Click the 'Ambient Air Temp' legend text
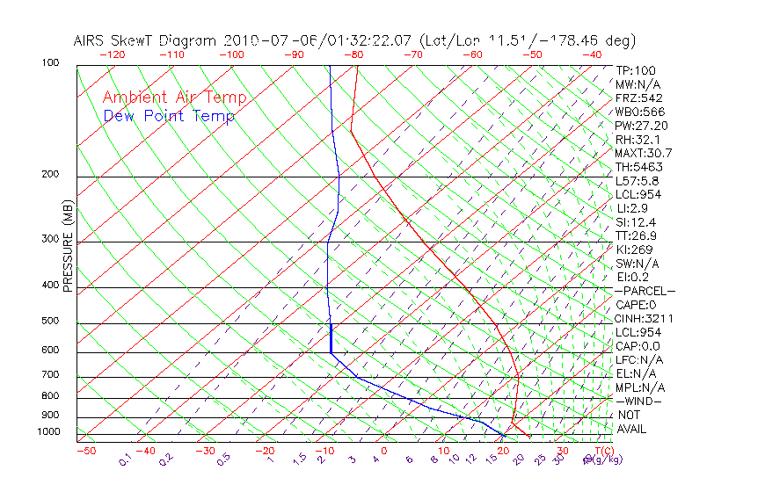point(174,98)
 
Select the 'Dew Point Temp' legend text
point(169,116)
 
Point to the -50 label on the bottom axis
point(85,451)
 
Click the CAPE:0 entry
point(636,305)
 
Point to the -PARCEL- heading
point(645,291)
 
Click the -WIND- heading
point(638,401)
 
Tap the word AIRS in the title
point(90,40)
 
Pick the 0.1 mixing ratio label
point(125,459)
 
